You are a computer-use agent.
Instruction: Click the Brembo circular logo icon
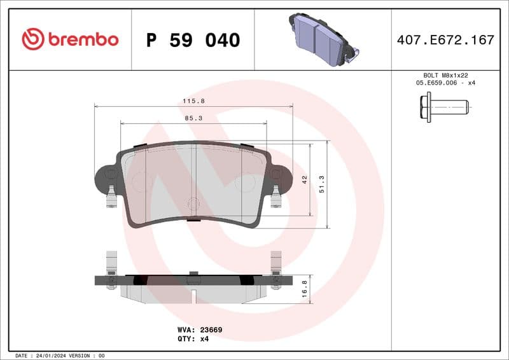32,39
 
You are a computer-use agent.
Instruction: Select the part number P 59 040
193,40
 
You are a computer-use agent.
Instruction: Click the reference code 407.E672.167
445,40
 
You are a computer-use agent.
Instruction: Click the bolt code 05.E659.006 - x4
445,83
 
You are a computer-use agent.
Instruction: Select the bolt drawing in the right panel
443,107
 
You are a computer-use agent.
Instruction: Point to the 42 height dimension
305,180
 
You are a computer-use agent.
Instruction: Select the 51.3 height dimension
322,185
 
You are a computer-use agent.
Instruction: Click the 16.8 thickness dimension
305,289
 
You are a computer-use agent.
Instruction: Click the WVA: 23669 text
199,330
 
